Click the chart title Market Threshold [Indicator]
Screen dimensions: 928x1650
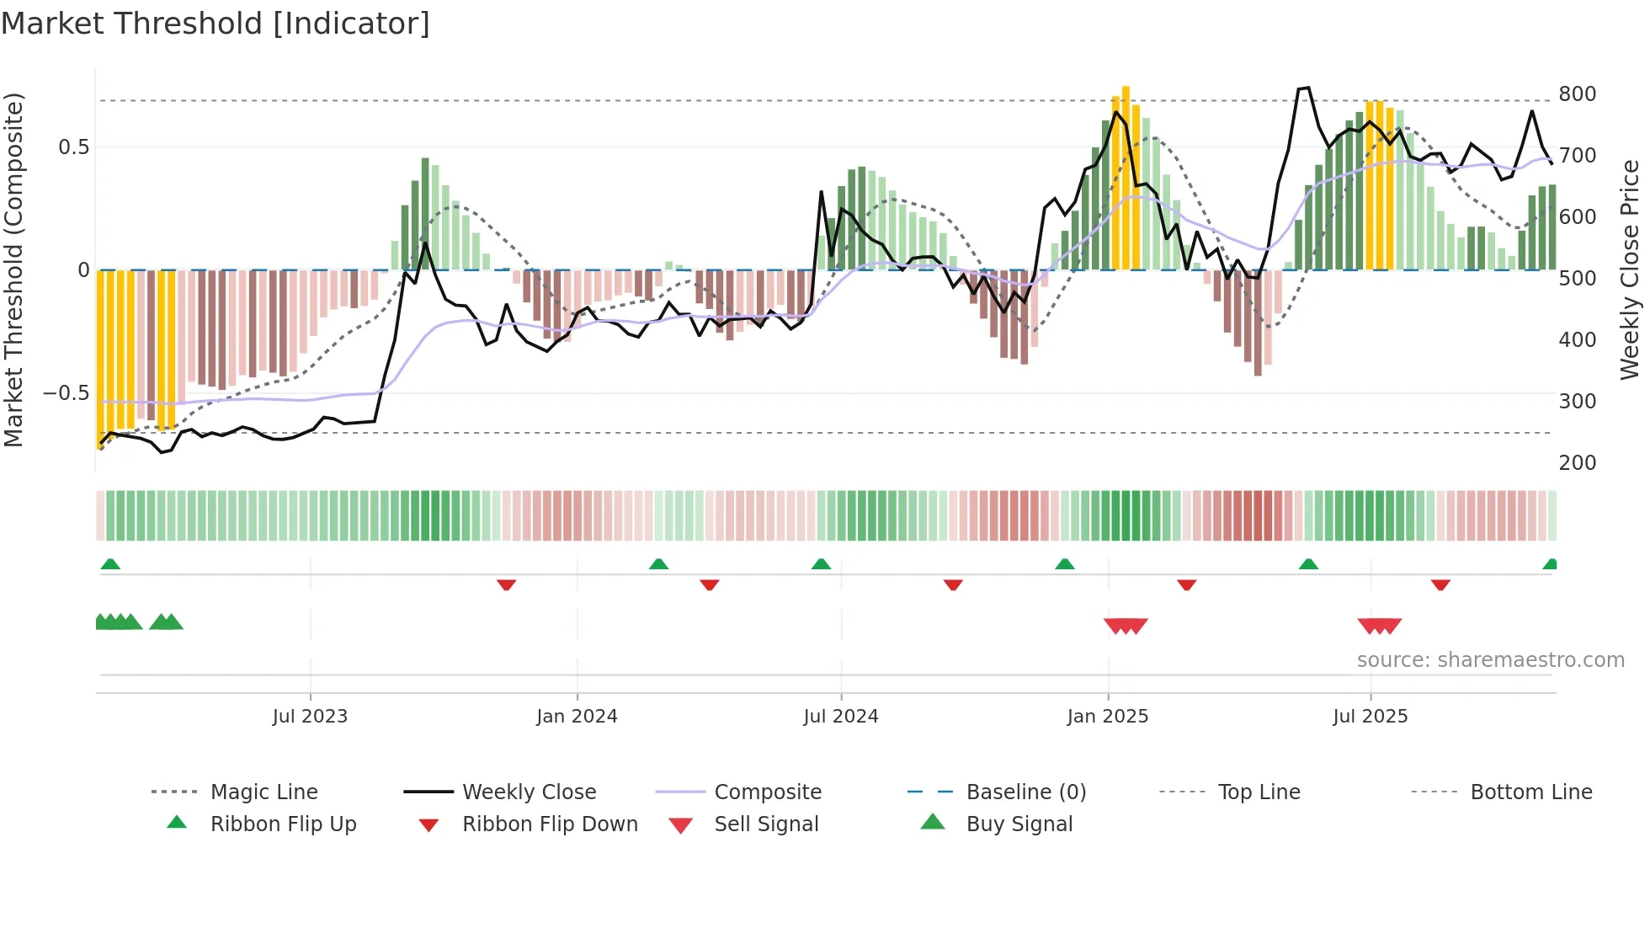click(216, 24)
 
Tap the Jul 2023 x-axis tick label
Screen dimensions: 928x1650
click(310, 717)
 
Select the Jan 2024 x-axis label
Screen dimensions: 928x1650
click(577, 717)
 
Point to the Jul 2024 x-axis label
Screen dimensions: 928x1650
click(840, 717)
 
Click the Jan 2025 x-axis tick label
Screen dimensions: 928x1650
click(1107, 717)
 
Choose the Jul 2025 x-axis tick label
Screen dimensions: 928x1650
click(1370, 717)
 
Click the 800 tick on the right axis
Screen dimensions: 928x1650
click(1577, 93)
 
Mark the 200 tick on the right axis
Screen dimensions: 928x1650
click(1577, 462)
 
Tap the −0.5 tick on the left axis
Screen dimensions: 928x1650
click(66, 393)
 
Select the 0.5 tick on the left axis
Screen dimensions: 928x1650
click(73, 147)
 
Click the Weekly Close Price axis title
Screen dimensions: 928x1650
click(1630, 269)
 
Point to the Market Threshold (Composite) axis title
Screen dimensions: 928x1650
click(13, 269)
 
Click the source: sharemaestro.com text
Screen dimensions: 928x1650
click(1490, 660)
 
